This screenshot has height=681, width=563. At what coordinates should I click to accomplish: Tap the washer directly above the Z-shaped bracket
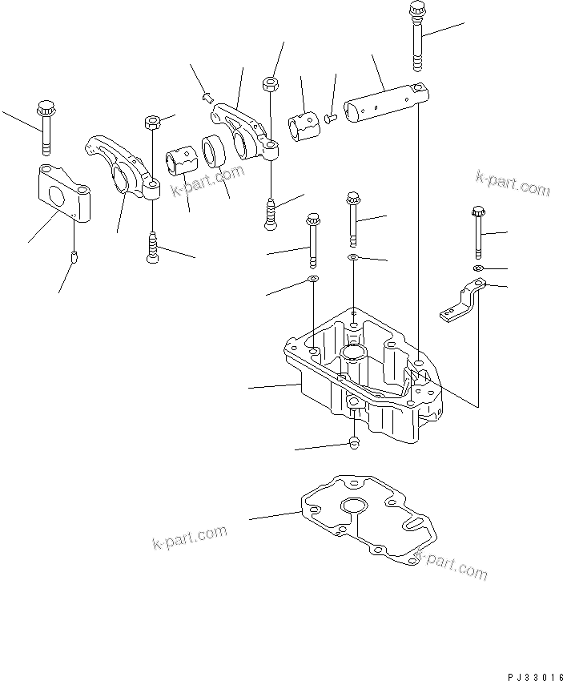(478, 267)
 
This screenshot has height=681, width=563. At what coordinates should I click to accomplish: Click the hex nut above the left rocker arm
(153, 121)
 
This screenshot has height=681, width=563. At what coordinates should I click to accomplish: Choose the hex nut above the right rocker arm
(271, 83)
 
